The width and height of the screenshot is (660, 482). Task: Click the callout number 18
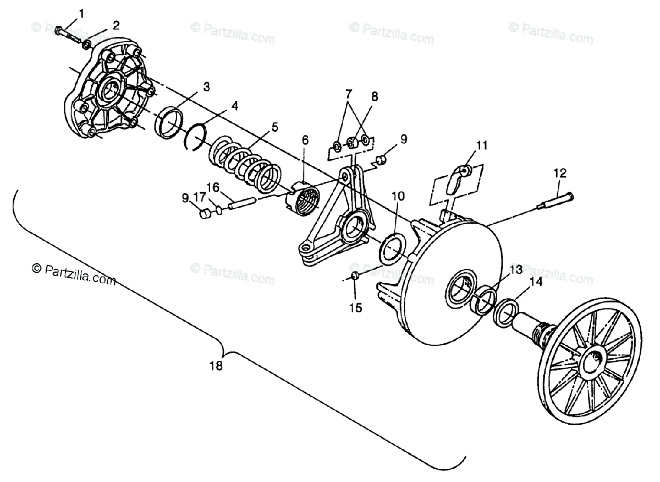pos(216,366)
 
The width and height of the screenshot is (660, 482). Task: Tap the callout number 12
pos(559,173)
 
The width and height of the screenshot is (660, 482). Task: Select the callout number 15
pos(356,307)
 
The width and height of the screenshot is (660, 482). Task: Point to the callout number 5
pos(274,127)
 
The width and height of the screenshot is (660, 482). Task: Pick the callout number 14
pos(535,281)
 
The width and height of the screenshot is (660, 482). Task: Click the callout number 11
pos(482,145)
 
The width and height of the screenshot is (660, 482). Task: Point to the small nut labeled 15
pos(355,275)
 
